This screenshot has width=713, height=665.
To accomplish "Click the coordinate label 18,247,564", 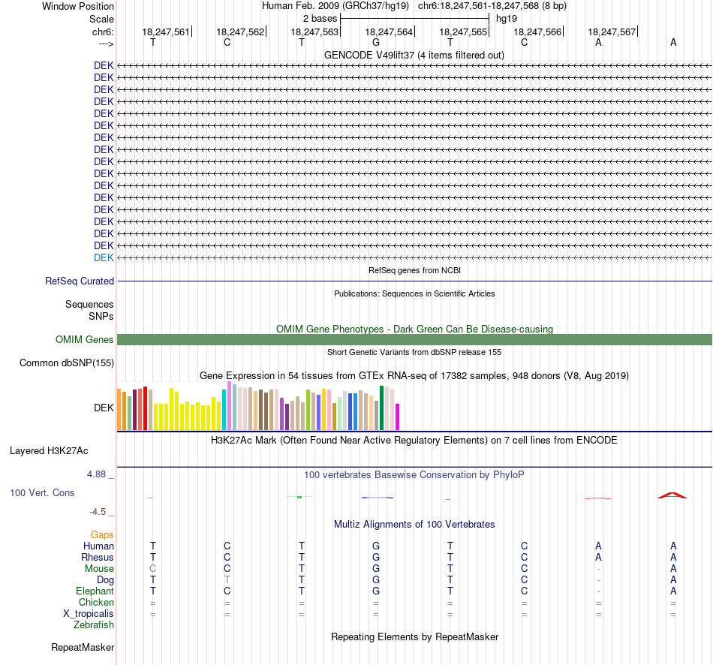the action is pos(389,32).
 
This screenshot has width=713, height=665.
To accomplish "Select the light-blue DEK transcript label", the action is pos(104,258).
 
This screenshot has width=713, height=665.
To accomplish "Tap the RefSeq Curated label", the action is pos(80,281).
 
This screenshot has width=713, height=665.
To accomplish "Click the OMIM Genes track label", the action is pos(85,340).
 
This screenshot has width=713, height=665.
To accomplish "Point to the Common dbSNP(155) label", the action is pos(67,363).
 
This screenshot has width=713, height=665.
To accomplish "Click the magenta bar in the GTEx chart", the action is pos(397,417).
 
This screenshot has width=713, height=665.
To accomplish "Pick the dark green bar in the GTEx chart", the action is pos(381,408).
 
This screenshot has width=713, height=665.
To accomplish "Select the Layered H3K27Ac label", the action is pos(49,451).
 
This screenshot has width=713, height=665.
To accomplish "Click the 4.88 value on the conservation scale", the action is pos(96,474).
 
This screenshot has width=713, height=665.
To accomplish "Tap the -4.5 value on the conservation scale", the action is pos(98,512).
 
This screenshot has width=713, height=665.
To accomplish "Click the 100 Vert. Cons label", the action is pos(42,492).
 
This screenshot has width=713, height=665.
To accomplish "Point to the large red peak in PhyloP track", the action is pos(672,495).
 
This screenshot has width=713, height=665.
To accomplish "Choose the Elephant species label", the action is pos(95,591).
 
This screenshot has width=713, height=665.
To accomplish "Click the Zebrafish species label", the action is pos(94,624).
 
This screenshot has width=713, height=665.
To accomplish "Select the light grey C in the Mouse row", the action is pos(153,569).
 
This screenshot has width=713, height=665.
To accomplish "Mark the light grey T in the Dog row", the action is pos(227,580).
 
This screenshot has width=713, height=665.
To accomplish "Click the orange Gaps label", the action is pos(102,535).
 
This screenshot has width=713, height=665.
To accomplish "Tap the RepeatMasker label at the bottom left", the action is pos(83,647).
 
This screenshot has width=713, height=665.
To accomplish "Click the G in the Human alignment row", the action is pos(376,546).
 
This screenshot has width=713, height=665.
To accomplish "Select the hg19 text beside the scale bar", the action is pos(507,19).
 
